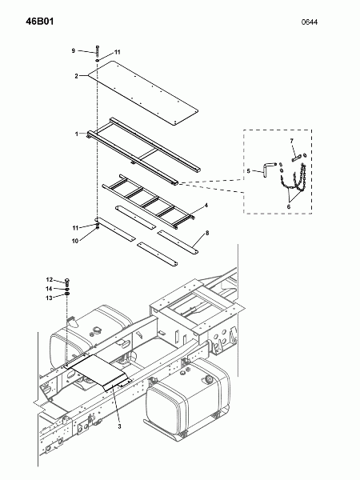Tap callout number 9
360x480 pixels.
tap(73, 50)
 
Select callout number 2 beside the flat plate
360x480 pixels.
tap(76, 76)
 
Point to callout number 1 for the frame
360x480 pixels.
tap(77, 133)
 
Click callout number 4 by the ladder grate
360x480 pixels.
tap(206, 206)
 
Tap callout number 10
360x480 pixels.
tap(74, 240)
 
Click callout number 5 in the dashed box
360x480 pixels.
tap(249, 170)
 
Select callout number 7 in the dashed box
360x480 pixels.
tap(292, 141)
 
